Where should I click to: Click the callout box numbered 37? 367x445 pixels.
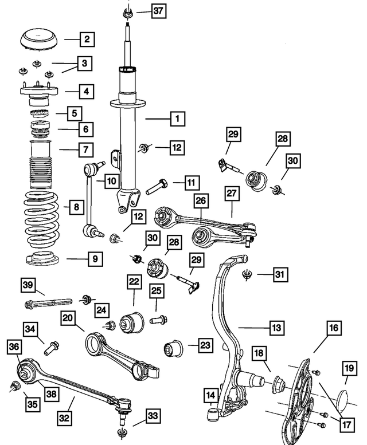[158, 10]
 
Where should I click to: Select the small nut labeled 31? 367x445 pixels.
[247, 275]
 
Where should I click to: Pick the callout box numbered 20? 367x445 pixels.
[68, 317]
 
